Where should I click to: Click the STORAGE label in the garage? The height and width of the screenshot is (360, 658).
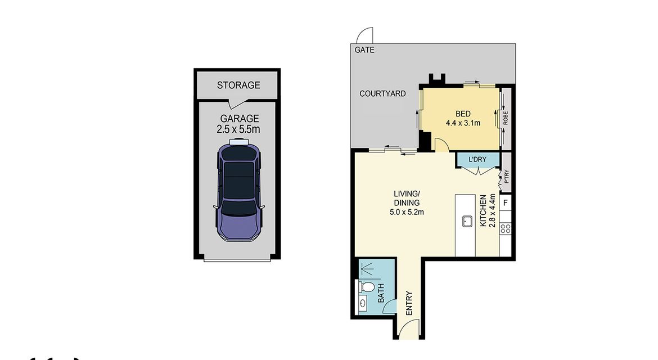[238, 85]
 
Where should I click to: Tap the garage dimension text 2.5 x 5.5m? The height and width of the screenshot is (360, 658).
[238, 129]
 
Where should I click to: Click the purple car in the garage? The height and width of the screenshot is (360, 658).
[239, 190]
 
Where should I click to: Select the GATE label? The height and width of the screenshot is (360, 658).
[364, 50]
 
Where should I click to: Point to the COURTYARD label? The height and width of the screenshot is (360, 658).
[382, 93]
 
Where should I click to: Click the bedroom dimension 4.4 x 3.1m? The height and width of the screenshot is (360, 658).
[463, 123]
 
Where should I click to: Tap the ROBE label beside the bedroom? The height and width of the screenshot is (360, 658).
[506, 118]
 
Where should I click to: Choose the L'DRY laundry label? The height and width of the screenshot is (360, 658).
[477, 159]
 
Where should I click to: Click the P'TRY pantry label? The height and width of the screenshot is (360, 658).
[507, 176]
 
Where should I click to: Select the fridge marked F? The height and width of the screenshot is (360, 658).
[506, 202]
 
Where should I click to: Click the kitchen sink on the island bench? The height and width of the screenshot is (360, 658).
[467, 221]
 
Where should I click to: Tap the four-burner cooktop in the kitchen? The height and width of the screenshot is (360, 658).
[506, 229]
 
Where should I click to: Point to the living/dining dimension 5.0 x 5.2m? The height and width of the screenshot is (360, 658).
[407, 212]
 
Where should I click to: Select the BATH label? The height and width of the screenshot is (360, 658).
[381, 293]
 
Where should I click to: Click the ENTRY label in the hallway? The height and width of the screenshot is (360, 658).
[409, 303]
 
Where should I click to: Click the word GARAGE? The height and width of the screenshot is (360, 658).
[240, 119]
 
